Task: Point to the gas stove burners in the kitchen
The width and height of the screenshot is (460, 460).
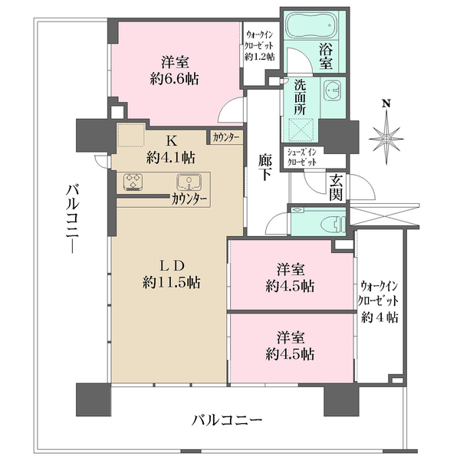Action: coord(133,182)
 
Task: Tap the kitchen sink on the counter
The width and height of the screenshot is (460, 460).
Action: coord(188,182)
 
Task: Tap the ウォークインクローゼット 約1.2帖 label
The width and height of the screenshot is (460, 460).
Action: coord(260,47)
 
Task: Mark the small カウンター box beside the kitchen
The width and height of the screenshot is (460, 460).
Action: coord(225,138)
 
